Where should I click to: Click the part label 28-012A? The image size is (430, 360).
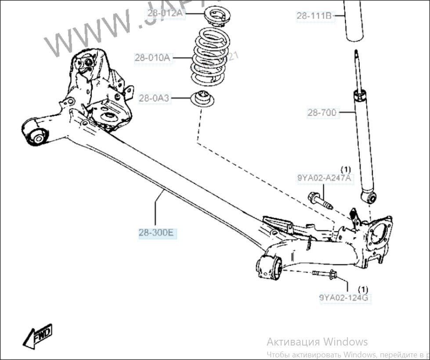(x=165, y=13)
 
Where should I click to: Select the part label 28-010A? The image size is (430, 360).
(x=152, y=57)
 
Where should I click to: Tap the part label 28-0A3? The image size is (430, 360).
(x=154, y=98)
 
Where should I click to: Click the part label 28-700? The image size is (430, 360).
(x=322, y=113)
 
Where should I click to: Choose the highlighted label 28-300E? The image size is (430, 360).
(x=157, y=233)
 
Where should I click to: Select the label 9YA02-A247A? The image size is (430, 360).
(x=325, y=178)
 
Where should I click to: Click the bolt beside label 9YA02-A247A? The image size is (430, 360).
(x=321, y=201)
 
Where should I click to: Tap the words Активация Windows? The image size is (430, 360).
(x=317, y=342)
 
